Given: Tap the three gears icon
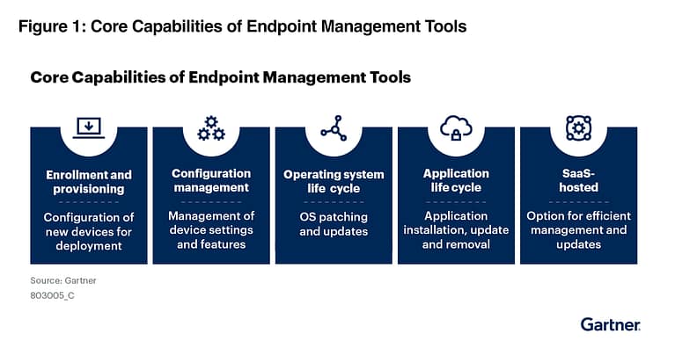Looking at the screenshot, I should pyautogui.click(x=211, y=128).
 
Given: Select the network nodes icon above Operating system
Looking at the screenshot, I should pyautogui.click(x=334, y=128).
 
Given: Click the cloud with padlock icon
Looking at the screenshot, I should pyautogui.click(x=456, y=128).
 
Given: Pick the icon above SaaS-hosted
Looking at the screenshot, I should pyautogui.click(x=578, y=128).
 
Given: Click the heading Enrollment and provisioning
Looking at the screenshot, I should pyautogui.click(x=89, y=181).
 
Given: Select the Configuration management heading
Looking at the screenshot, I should pyautogui.click(x=211, y=180).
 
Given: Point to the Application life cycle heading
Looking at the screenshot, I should pyautogui.click(x=456, y=180).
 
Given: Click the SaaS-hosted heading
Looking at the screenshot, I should pyautogui.click(x=578, y=180).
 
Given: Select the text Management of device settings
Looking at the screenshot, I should pyautogui.click(x=211, y=223).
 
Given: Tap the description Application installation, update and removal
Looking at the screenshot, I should pyautogui.click(x=456, y=229).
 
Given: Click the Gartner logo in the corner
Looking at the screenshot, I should pyautogui.click(x=610, y=324).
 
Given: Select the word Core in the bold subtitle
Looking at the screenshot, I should pyautogui.click(x=49, y=77).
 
